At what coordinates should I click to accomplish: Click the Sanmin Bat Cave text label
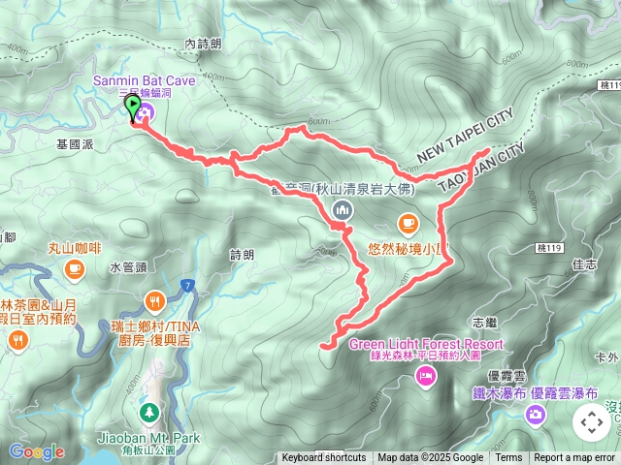[143, 80]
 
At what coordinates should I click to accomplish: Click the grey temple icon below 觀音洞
[341, 209]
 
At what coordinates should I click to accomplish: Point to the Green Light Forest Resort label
[426, 344]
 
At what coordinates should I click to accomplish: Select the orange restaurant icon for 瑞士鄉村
[155, 299]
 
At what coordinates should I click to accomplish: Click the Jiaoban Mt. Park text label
[148, 438]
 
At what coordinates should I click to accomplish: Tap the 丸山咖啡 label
[75, 248]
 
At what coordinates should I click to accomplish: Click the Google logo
[36, 451]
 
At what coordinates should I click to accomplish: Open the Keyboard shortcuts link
[324, 458]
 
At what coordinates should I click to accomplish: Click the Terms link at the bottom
[508, 458]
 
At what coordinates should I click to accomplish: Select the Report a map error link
[575, 458]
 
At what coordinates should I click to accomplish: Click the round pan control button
[591, 422]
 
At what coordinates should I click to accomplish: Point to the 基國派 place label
[75, 142]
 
